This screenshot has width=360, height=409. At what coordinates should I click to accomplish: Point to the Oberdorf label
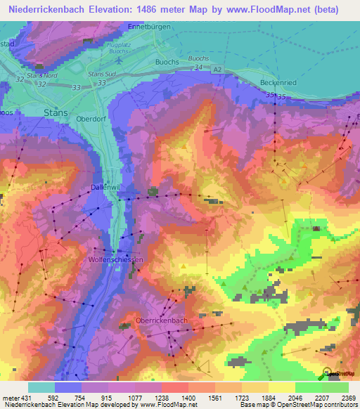(89, 119)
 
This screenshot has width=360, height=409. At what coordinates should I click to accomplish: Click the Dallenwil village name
(108, 188)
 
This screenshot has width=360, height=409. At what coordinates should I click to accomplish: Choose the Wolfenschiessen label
(117, 259)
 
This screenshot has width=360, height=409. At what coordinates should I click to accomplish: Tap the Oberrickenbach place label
(161, 320)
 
